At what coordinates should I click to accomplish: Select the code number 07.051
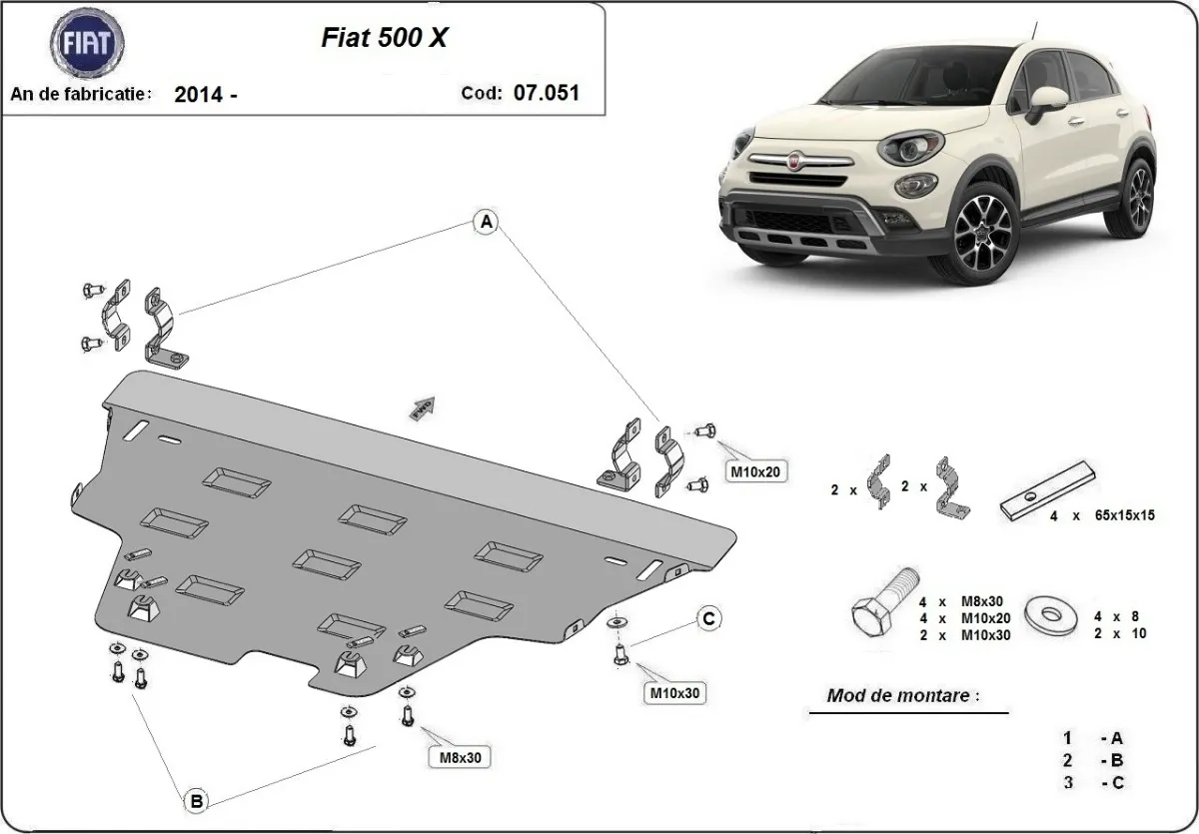[546, 92]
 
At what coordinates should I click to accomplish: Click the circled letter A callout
[486, 223]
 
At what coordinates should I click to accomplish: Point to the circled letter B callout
[197, 800]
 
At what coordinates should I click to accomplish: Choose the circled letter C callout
[707, 619]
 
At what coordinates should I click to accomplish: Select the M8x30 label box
[461, 757]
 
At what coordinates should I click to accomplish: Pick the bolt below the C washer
[620, 655]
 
